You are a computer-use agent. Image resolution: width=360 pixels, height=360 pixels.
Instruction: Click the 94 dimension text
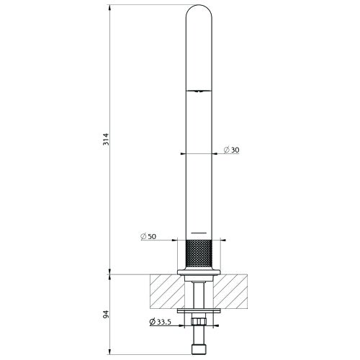point(105,315)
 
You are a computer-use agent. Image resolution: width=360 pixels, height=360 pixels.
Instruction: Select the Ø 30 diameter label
point(232,149)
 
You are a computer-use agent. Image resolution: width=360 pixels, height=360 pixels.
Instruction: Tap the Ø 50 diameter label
point(148,237)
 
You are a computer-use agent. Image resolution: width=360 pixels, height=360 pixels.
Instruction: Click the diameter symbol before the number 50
point(143,237)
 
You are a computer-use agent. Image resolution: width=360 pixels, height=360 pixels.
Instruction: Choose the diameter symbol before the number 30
point(226,149)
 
